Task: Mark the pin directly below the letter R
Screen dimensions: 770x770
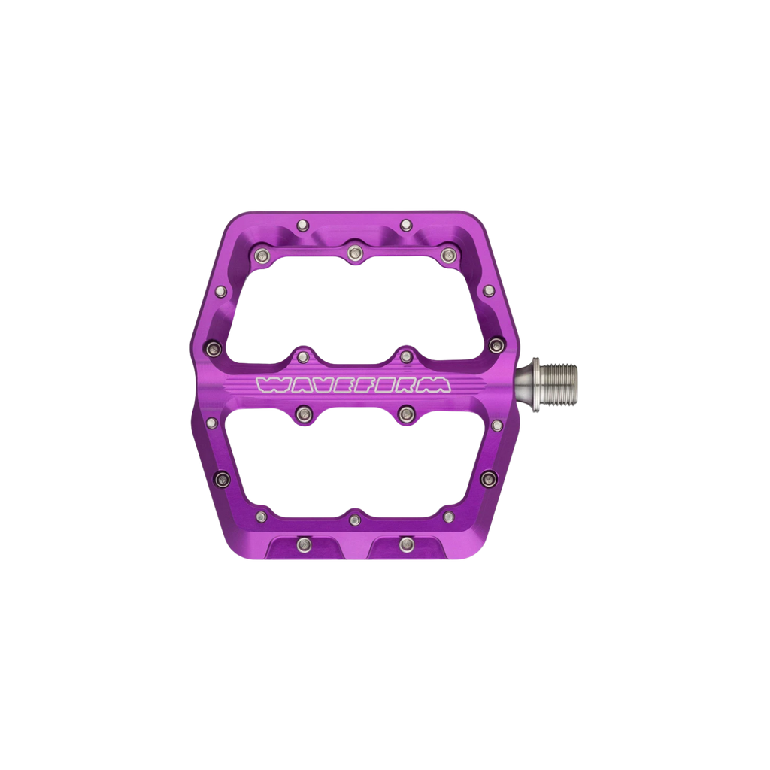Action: tap(407, 411)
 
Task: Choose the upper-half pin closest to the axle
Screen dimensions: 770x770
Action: tap(496, 345)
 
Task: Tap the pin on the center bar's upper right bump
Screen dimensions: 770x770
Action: tap(407, 355)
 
